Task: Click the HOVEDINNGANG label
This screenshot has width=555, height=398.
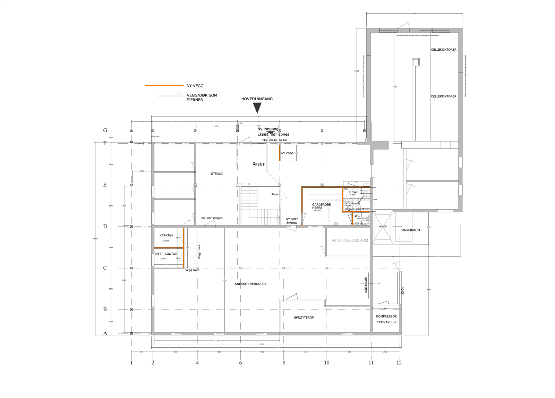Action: point(257,99)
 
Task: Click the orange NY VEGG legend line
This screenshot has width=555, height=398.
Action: point(164,85)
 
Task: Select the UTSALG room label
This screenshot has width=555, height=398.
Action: point(217,173)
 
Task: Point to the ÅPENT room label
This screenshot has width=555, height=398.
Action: point(258,164)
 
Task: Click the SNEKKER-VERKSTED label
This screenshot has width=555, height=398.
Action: point(250,284)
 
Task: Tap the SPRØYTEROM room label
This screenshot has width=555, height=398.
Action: point(304,317)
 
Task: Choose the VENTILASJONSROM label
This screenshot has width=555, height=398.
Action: point(349,240)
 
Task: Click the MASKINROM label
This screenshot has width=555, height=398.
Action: point(410,230)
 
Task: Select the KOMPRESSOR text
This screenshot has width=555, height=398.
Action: point(386,316)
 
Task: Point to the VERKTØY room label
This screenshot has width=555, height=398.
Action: point(166,235)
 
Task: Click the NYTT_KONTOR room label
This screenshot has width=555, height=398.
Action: point(166,254)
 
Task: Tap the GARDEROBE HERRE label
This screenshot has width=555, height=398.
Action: point(321,206)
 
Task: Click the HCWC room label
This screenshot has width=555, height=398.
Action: point(354,192)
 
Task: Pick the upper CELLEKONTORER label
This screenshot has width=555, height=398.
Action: point(443,50)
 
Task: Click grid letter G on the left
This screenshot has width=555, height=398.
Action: point(105,130)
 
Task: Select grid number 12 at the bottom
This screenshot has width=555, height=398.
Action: point(399,363)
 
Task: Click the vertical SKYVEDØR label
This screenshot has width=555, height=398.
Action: point(366,285)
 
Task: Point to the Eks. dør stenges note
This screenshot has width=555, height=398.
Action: point(211,218)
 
